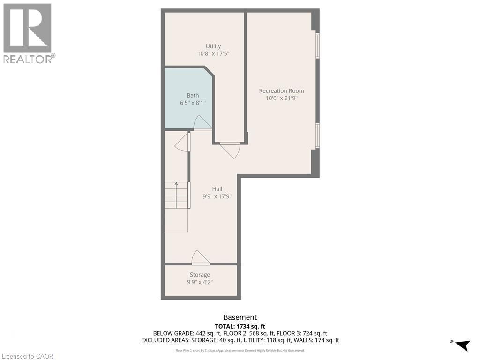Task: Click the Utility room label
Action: pyautogui.click(x=213, y=46)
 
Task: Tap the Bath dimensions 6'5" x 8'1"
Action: pyautogui.click(x=193, y=103)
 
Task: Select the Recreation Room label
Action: pyautogui.click(x=281, y=90)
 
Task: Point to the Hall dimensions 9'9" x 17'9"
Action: pyautogui.click(x=217, y=196)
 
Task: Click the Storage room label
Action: pyautogui.click(x=200, y=274)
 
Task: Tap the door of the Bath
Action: pyautogui.click(x=202, y=123)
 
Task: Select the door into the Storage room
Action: pyautogui.click(x=200, y=257)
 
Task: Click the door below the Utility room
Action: pyautogui.click(x=231, y=150)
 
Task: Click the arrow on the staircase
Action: pyautogui.click(x=176, y=183)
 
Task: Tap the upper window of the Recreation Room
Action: pyautogui.click(x=317, y=45)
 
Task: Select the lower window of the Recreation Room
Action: pyautogui.click(x=317, y=135)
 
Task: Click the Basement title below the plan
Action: pyautogui.click(x=240, y=317)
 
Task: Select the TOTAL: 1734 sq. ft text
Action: pyautogui.click(x=240, y=326)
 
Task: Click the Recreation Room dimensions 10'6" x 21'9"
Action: pyautogui.click(x=281, y=98)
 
